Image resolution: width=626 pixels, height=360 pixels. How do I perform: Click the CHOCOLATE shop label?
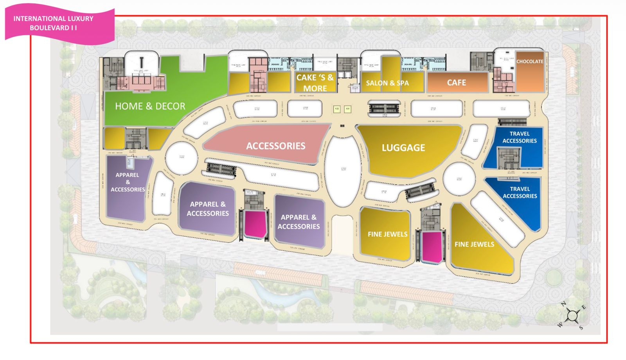point(530,61)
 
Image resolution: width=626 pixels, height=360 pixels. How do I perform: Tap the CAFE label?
point(456,83)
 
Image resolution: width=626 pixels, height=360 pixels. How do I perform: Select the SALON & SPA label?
point(387,83)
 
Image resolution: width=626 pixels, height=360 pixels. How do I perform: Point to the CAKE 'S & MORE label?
point(315,83)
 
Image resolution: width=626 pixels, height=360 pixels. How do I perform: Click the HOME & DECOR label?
point(150,106)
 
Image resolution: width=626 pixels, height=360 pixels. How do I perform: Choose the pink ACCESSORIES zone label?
point(275,146)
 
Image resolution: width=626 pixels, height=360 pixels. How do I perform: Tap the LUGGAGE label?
point(403,148)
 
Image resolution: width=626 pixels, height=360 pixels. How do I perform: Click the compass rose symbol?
point(572,315)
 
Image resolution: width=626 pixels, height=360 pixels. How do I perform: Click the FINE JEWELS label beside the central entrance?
point(387,234)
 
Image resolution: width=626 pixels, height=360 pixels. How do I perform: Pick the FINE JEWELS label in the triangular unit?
point(474,244)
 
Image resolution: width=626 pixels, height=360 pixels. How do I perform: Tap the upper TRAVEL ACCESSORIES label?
point(520,137)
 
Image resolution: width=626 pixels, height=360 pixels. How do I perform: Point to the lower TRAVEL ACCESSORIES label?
point(520,192)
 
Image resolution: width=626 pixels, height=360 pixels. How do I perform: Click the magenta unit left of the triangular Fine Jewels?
point(432,247)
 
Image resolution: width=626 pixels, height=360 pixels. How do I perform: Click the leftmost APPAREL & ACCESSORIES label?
point(128,182)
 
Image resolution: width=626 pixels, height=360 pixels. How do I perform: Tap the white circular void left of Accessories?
point(181,158)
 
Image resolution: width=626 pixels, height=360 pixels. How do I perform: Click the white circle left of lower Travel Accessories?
point(459,178)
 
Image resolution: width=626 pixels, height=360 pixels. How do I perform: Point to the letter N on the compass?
point(564,304)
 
